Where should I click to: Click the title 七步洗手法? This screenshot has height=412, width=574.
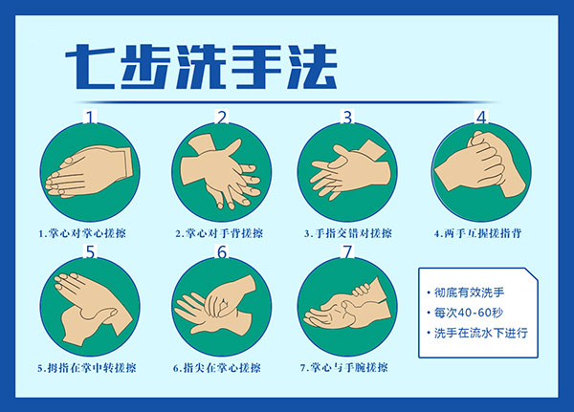[x=201, y=67]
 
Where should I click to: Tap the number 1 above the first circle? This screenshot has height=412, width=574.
[x=90, y=117]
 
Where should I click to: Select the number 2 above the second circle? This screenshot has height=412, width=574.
[x=222, y=117]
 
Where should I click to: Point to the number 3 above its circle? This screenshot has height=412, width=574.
[x=347, y=117]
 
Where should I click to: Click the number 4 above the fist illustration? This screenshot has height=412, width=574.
[x=481, y=117]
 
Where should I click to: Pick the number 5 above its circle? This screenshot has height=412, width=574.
[x=90, y=251]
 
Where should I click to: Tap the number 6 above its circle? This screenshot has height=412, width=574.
[x=222, y=251]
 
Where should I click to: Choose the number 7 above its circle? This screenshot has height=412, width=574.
[x=347, y=251]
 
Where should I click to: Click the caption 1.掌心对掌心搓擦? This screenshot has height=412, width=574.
[x=82, y=233]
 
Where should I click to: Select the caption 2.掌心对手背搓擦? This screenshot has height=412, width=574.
[x=219, y=233]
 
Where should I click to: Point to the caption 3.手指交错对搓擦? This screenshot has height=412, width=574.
[x=348, y=233]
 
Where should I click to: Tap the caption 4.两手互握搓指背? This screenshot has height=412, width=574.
[x=477, y=233]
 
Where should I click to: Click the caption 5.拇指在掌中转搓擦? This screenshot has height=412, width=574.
[x=87, y=367]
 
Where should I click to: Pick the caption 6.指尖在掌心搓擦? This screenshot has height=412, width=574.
[x=217, y=367]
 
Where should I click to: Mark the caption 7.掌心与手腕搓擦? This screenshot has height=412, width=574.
[x=343, y=367]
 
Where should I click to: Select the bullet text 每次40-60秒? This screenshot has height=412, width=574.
[x=469, y=313]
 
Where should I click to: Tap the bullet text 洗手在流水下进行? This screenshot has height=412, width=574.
[x=480, y=333]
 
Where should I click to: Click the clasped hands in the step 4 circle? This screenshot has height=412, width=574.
[x=480, y=164]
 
